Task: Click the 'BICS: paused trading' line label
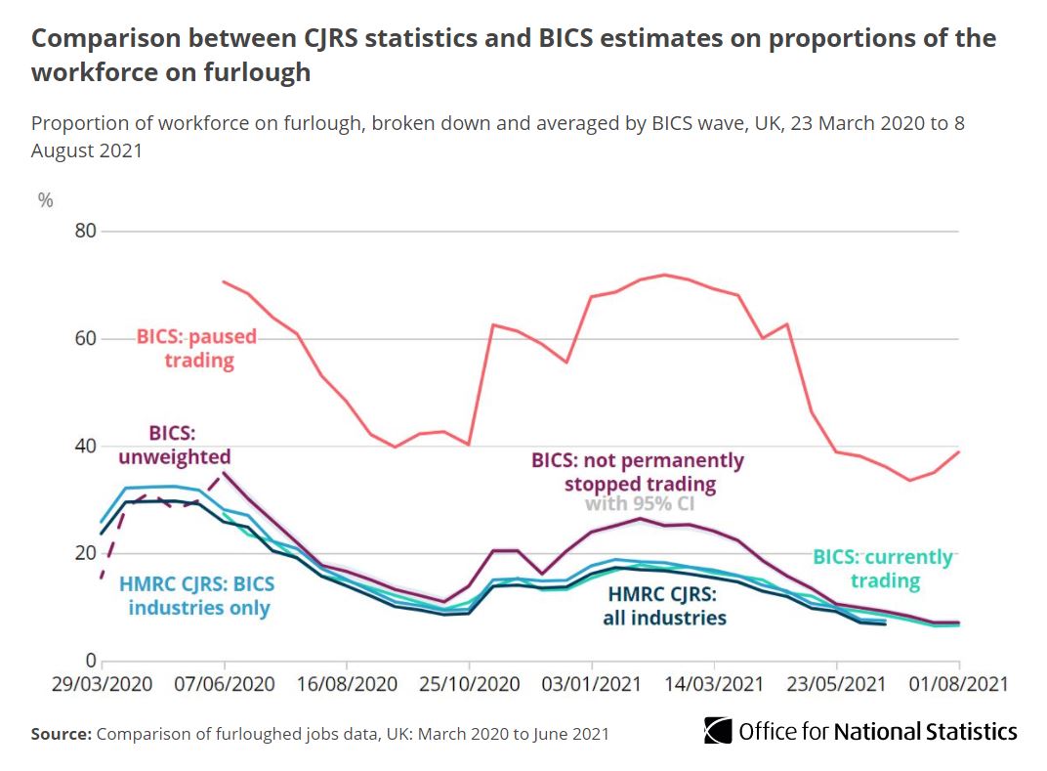pos(196,349)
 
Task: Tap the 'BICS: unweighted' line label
pos(176,445)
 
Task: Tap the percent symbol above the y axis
pos(45,200)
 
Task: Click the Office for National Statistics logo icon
pos(718,731)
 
